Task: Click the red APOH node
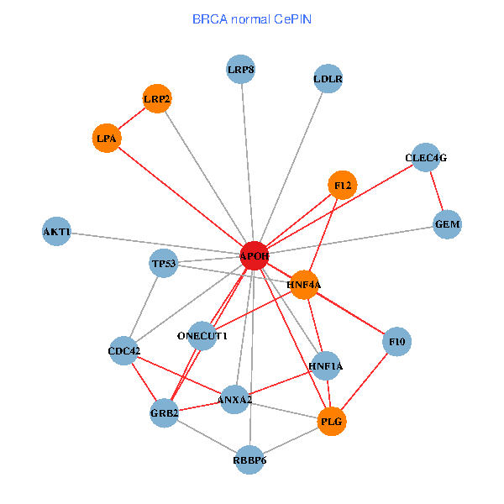(x=255, y=255)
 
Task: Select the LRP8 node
(x=241, y=70)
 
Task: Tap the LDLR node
(x=328, y=80)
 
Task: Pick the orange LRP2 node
(x=157, y=100)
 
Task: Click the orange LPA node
(x=107, y=138)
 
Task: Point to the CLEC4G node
(x=426, y=157)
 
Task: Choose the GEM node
(x=447, y=224)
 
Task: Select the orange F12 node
(x=342, y=185)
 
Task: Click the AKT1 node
(x=57, y=231)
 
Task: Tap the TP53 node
(x=164, y=264)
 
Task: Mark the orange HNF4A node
(x=304, y=285)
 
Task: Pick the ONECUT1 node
(x=202, y=336)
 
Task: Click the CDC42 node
(x=124, y=350)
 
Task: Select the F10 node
(x=396, y=342)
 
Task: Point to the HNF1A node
(x=326, y=365)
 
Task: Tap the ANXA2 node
(x=235, y=399)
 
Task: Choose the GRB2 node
(x=165, y=412)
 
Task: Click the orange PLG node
(x=333, y=422)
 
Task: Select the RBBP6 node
(x=249, y=459)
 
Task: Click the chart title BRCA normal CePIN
(x=253, y=18)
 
